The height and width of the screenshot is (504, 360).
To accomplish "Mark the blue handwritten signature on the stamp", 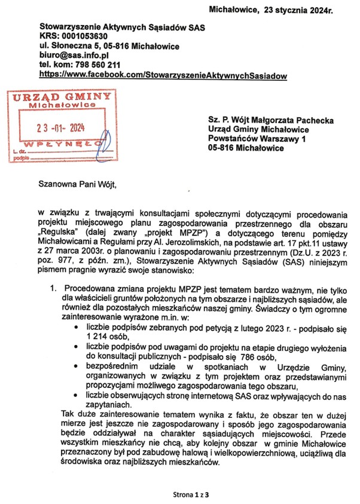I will coord(104,146).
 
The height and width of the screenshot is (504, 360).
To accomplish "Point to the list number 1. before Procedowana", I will coord(54,289).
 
